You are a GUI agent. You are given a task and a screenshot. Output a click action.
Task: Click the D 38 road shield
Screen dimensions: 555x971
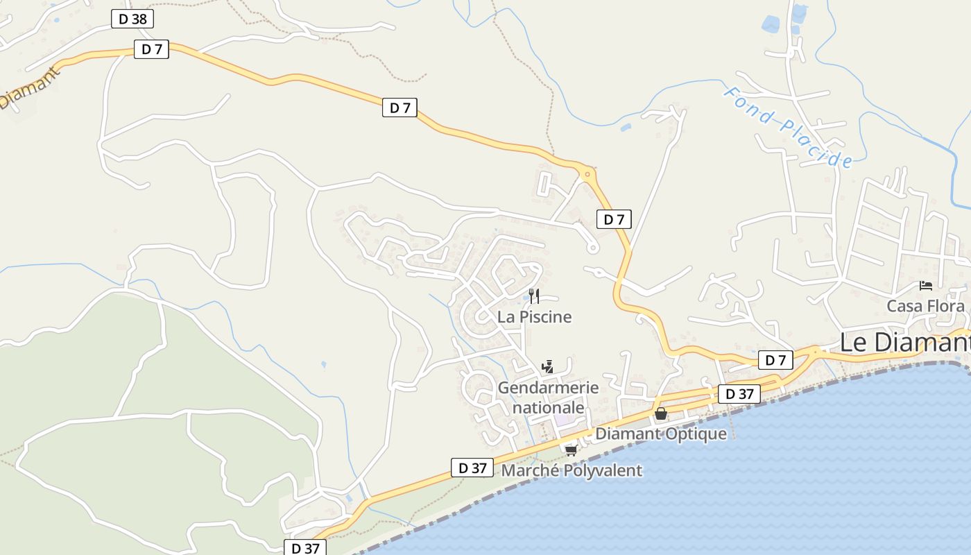pos(132,19)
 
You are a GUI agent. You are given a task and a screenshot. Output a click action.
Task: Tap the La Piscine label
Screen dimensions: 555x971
pos(535,317)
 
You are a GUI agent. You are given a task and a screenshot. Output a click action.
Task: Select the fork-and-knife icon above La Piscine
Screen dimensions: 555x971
pos(534,296)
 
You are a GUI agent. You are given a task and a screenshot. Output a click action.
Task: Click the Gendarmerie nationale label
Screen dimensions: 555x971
pos(548,398)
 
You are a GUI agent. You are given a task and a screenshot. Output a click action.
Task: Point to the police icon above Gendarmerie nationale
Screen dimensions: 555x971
pos(547,366)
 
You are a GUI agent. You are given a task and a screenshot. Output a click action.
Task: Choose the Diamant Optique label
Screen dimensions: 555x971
pos(661,434)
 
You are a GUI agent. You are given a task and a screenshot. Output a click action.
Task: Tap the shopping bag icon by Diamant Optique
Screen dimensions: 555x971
pos(661,413)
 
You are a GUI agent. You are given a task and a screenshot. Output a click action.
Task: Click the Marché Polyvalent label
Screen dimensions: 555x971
pos(572,470)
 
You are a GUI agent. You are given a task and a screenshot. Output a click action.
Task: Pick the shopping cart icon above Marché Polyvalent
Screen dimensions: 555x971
pos(571,450)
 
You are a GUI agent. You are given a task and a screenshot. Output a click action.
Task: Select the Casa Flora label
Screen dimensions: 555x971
pos(925,306)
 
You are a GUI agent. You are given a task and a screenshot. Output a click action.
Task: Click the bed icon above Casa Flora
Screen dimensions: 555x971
pos(925,285)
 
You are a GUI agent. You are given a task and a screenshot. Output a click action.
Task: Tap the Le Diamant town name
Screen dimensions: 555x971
pos(904,343)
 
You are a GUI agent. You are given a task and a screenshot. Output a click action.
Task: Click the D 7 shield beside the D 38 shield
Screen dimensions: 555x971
pos(151,49)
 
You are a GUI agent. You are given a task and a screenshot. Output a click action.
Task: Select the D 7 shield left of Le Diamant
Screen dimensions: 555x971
pos(775,360)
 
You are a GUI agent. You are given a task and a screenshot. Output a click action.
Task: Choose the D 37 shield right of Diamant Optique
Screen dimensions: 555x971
pos(739,394)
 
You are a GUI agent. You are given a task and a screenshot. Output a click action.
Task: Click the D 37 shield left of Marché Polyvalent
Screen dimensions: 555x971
pos(473,468)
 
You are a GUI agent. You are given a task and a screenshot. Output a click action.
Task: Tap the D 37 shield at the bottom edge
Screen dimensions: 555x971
pos(305,548)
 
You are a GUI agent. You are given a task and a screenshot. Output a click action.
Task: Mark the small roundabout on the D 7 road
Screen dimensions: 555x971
pos(587,174)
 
